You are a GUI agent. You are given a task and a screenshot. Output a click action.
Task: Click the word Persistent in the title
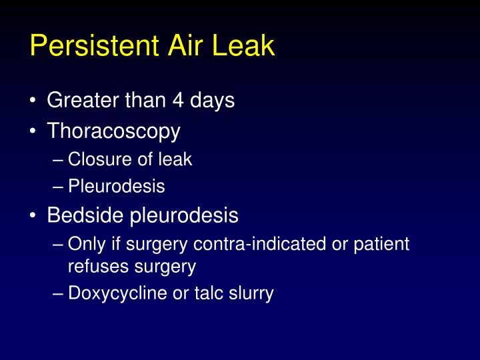pos(93,46)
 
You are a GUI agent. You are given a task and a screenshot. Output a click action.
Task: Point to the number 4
pos(174,101)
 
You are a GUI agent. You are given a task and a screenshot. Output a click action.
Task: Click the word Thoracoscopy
pos(113,131)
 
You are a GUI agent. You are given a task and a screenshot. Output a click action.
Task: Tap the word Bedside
pos(86,216)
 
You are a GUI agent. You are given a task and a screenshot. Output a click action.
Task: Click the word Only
pos(84,244)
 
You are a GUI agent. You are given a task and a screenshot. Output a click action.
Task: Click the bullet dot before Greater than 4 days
pos(33,101)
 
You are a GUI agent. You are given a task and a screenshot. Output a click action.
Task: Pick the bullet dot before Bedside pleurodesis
pos(33,217)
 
